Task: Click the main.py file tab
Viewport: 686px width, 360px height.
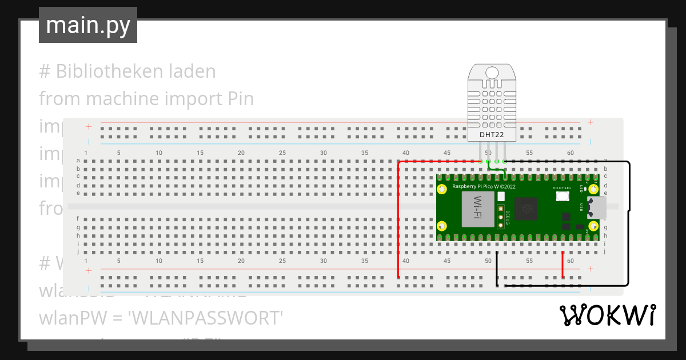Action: (x=87, y=25)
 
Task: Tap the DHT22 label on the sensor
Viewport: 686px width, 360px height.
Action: (x=492, y=135)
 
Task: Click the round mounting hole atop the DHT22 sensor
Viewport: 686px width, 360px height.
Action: (x=492, y=73)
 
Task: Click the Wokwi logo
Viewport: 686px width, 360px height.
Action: (x=607, y=315)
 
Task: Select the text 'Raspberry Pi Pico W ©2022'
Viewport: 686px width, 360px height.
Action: (x=484, y=187)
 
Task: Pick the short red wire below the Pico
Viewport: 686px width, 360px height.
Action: (x=563, y=265)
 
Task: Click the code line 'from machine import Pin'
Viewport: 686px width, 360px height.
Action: (x=146, y=99)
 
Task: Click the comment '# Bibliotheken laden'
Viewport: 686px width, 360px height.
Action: (x=127, y=71)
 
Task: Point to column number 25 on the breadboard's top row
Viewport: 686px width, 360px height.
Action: (x=282, y=153)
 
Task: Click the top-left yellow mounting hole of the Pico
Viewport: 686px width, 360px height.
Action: (x=442, y=189)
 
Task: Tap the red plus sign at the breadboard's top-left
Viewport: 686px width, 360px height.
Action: (x=89, y=126)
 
